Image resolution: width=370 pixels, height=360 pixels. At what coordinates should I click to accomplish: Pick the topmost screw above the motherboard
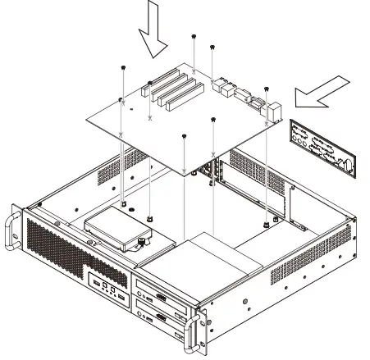point(194,37)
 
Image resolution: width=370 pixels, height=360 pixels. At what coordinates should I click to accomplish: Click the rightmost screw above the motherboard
point(267,88)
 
